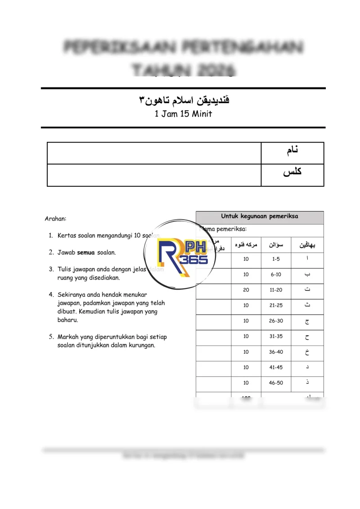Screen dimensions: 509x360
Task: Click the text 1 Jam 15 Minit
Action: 183,114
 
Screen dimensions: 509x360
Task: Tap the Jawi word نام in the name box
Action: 292,151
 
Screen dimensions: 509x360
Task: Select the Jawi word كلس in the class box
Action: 292,172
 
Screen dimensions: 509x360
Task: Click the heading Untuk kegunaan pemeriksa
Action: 260,216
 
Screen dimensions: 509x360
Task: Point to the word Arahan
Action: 55,219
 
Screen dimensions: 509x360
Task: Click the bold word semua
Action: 86,252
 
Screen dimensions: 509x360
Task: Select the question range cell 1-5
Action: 276,259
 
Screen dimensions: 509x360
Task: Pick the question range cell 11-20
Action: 276,290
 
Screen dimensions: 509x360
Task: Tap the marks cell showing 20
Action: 246,290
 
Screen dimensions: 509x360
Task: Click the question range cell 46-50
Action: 276,383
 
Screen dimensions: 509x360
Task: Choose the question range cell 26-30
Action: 276,321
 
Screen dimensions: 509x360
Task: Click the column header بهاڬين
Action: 307,245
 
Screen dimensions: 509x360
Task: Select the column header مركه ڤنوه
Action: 246,245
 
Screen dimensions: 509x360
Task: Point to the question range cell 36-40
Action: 276,352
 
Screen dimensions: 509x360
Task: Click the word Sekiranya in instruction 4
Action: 72,295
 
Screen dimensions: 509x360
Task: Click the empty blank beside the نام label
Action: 154,153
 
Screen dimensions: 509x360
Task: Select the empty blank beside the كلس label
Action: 154,175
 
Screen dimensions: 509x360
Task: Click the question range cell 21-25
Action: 276,306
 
